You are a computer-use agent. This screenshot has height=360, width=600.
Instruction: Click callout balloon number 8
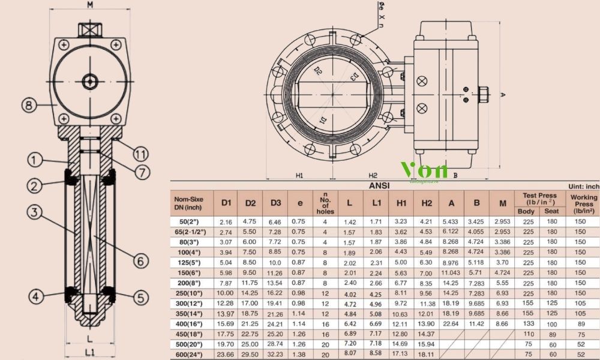click(x=28, y=106)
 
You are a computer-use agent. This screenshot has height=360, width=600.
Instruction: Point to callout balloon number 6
click(x=140, y=261)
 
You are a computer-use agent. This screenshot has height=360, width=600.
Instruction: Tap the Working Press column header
click(x=583, y=203)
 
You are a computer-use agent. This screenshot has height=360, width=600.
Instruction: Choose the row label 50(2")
click(x=193, y=222)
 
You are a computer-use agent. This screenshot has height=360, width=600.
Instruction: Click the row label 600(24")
click(x=193, y=354)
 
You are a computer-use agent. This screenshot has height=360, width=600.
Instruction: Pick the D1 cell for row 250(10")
click(x=226, y=293)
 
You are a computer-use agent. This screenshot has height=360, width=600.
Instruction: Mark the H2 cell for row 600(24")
click(x=426, y=354)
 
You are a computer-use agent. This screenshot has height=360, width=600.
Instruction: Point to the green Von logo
click(x=424, y=169)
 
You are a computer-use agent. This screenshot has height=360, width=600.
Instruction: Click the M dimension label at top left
click(x=90, y=5)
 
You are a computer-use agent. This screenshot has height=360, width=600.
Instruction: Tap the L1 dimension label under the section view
click(x=89, y=351)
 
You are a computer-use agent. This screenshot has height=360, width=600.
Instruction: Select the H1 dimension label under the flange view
click(x=300, y=175)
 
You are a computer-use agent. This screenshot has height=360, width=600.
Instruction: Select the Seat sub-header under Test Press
click(x=551, y=211)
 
